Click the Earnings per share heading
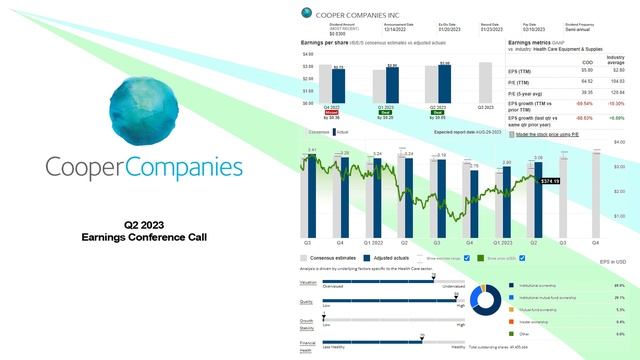click(326, 44)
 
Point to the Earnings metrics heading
click(536, 44)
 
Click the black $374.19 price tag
click(550, 182)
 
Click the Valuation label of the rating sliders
click(308, 282)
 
